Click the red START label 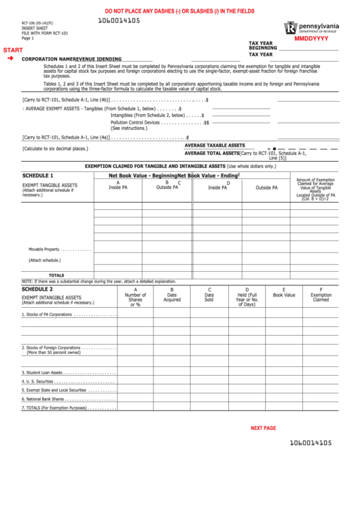pyautogui.click(x=12, y=51)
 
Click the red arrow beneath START pyautogui.click(x=10, y=59)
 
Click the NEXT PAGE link pyautogui.click(x=264, y=428)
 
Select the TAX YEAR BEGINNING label pyautogui.click(x=262, y=46)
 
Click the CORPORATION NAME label pyautogui.click(x=48, y=59)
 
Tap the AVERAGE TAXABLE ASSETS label pyautogui.click(x=215, y=145)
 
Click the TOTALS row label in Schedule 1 pyautogui.click(x=56, y=275)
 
